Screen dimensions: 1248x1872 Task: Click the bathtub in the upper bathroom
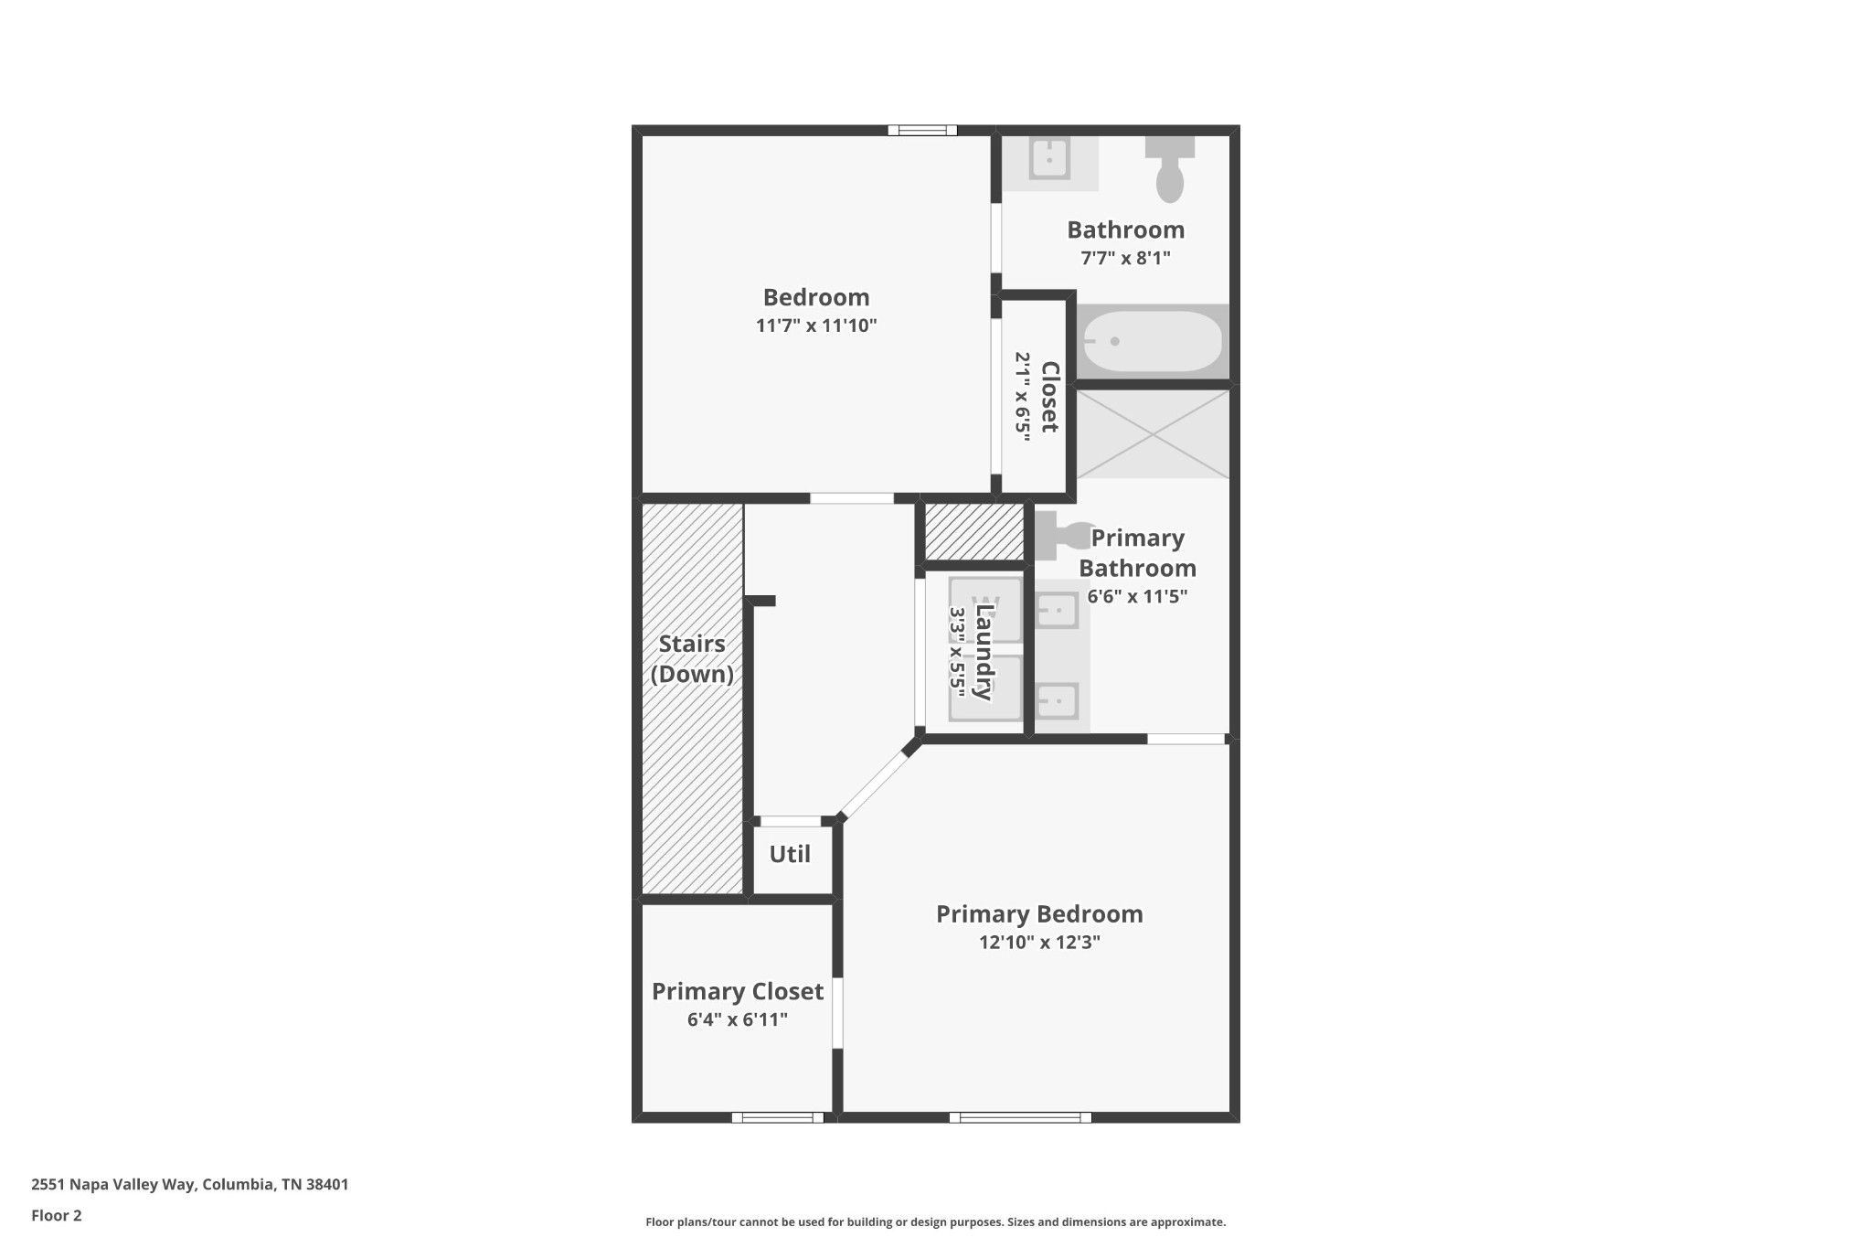[1152, 341]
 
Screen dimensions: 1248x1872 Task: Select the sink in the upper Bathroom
[1049, 160]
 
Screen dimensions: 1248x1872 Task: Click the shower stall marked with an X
[1153, 434]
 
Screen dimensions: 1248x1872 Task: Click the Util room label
[790, 855]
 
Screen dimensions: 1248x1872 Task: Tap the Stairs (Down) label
[692, 659]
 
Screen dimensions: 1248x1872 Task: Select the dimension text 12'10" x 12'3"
[1039, 943]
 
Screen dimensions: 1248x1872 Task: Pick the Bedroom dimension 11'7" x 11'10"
[816, 325]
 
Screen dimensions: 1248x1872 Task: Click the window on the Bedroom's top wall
[922, 131]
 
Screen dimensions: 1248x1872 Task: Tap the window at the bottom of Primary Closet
[778, 1117]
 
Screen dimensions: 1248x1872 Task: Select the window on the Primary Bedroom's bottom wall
[1020, 1117]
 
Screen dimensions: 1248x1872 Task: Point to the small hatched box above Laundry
[974, 532]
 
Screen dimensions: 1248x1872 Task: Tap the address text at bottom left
[190, 1185]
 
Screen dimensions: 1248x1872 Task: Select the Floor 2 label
[57, 1216]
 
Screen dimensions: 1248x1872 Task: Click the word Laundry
[984, 652]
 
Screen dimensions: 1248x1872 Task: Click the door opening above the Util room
[790, 821]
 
